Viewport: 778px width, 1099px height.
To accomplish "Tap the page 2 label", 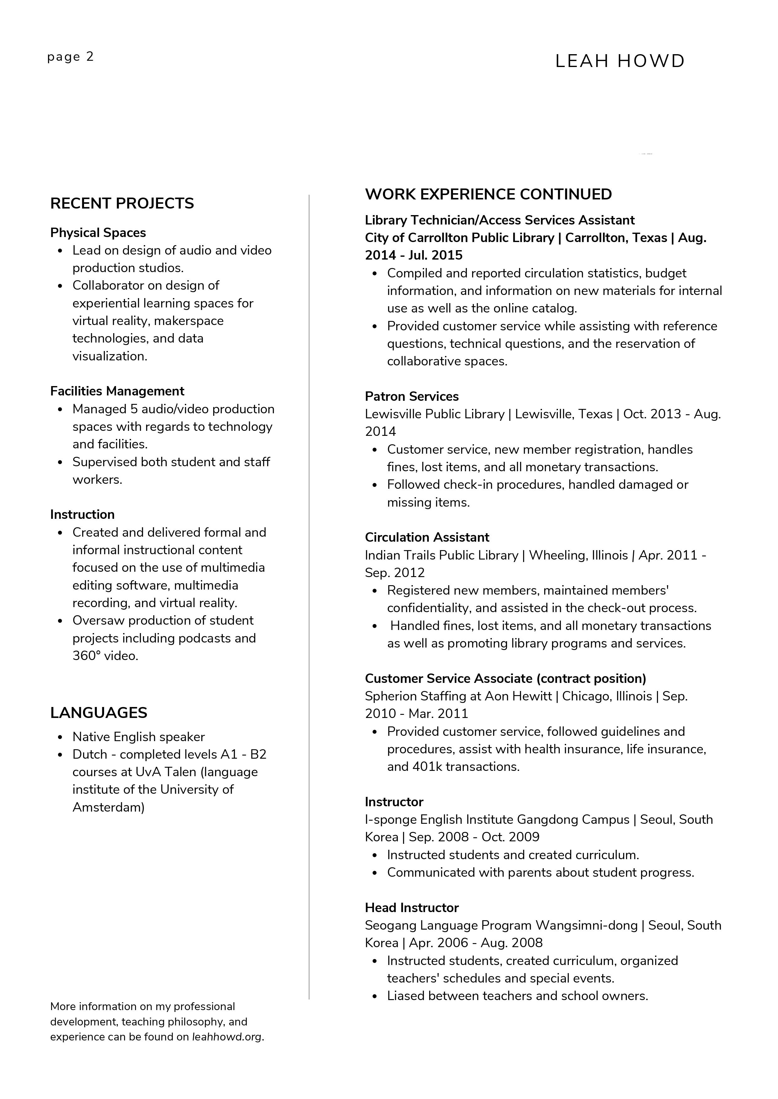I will tap(71, 57).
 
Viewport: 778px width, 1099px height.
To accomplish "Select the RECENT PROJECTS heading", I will tap(122, 204).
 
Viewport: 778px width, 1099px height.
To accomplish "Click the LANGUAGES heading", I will tap(99, 713).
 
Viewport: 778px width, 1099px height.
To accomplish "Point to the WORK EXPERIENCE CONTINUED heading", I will tap(488, 194).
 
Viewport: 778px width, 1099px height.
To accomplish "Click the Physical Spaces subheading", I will tap(98, 233).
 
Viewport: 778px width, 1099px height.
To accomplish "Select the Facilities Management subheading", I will tap(117, 391).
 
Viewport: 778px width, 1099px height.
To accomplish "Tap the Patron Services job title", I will tap(412, 396).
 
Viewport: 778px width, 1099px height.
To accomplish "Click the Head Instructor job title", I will tap(412, 908).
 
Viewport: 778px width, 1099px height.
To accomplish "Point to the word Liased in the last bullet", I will tap(405, 996).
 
